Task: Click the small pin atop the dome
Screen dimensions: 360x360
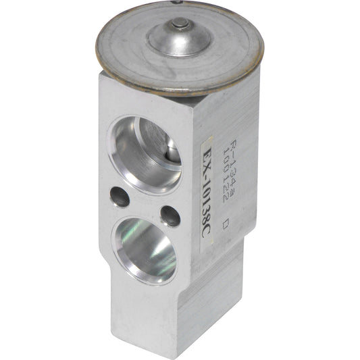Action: coord(179,26)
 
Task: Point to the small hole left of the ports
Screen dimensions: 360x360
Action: coord(121,197)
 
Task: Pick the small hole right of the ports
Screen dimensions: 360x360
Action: coord(171,215)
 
